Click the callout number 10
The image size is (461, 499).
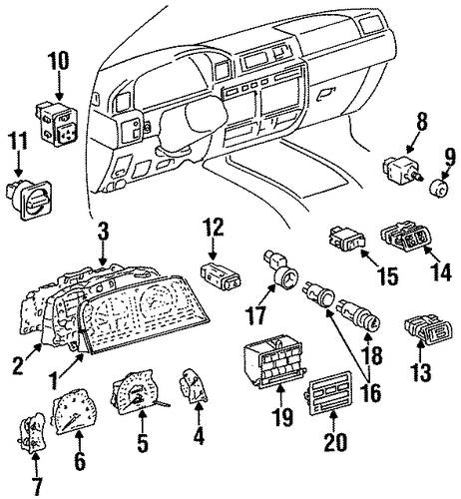(58, 61)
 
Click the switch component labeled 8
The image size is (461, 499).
(403, 168)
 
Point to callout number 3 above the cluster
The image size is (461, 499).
(104, 231)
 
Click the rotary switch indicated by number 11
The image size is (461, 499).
(29, 200)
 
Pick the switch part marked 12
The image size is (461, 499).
(221, 277)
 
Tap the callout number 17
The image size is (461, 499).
(255, 315)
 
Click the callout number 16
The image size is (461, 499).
(372, 393)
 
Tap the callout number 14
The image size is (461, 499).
(440, 271)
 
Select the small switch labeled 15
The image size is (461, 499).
(347, 240)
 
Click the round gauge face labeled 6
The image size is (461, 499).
(74, 411)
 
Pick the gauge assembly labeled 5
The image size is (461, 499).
(137, 390)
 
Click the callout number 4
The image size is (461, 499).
(199, 434)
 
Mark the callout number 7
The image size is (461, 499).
(36, 487)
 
